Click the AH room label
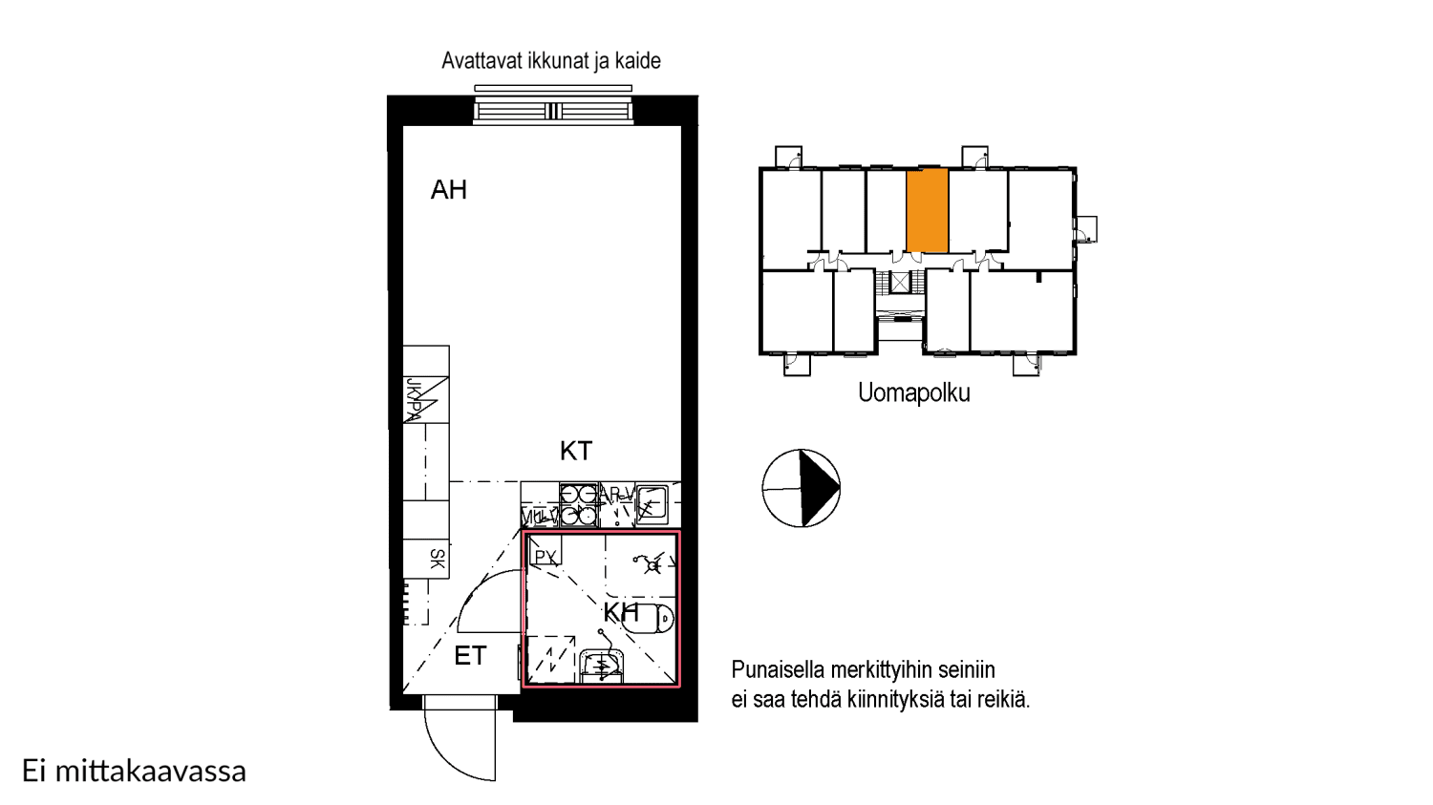(x=449, y=190)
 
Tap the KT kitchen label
(x=576, y=451)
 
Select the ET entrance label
(x=470, y=656)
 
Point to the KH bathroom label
(x=621, y=612)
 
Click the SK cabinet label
(x=437, y=559)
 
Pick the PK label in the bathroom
(x=545, y=557)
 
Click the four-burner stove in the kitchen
(x=578, y=505)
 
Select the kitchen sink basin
(x=652, y=502)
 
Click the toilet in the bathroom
(x=653, y=618)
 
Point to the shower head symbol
(x=653, y=565)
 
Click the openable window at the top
(x=553, y=111)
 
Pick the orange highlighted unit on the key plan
(x=927, y=210)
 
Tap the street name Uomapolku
(x=913, y=392)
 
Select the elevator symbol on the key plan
(x=900, y=282)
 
